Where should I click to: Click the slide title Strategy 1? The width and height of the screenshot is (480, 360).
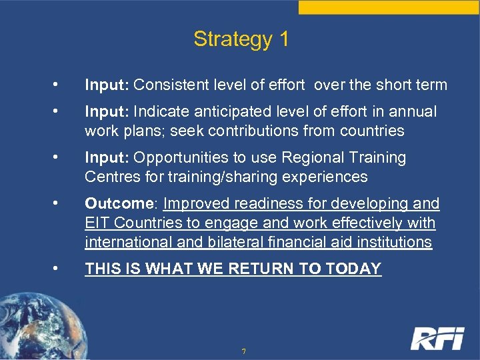(x=241, y=39)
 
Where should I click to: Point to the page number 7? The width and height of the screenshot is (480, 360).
(x=244, y=351)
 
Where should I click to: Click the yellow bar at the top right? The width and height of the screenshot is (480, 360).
(x=389, y=7)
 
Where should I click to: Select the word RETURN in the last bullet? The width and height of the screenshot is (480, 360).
(x=263, y=269)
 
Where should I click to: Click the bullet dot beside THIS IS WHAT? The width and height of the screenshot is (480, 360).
(x=59, y=269)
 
